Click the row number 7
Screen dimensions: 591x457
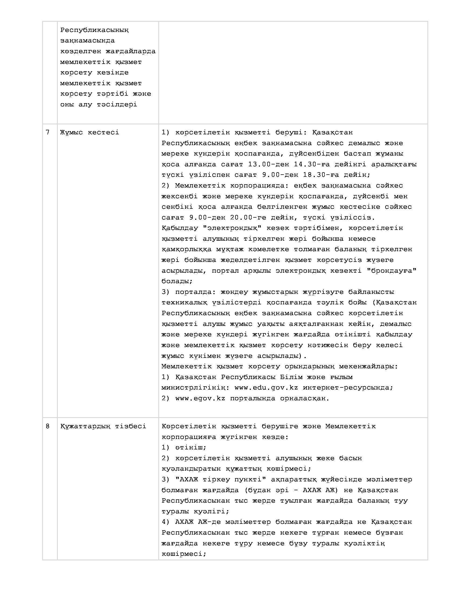click(x=48, y=132)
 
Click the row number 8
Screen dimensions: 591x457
click(x=48, y=426)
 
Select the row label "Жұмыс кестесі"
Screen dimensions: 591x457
click(x=89, y=132)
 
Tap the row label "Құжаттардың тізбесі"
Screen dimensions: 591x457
click(x=103, y=426)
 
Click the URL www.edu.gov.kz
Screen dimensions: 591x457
click(x=266, y=387)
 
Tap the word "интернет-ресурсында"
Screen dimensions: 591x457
click(x=348, y=387)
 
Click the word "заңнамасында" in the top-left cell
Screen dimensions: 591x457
click(x=87, y=41)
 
